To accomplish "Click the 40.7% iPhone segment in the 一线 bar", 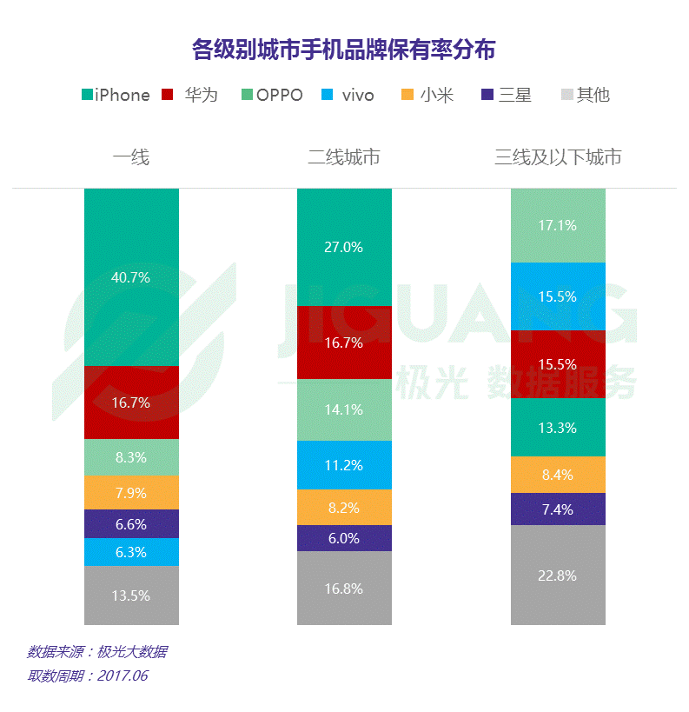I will [x=131, y=277].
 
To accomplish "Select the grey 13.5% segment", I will [x=131, y=596].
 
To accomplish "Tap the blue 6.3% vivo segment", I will [x=131, y=552].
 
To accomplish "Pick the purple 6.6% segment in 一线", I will [x=131, y=524].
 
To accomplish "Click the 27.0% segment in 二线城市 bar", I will [x=344, y=247].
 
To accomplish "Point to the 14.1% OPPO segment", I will [x=344, y=409].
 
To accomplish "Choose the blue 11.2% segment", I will [x=344, y=465].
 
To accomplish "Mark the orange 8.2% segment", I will [x=344, y=508].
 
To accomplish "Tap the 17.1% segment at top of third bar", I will [x=557, y=225].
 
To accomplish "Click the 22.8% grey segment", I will [x=557, y=575].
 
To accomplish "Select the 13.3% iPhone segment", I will [x=557, y=427].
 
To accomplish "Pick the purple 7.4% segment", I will [x=557, y=509].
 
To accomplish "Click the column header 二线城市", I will [x=344, y=157].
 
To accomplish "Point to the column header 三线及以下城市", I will [x=558, y=157].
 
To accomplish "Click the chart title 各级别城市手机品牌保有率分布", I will [x=344, y=49].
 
